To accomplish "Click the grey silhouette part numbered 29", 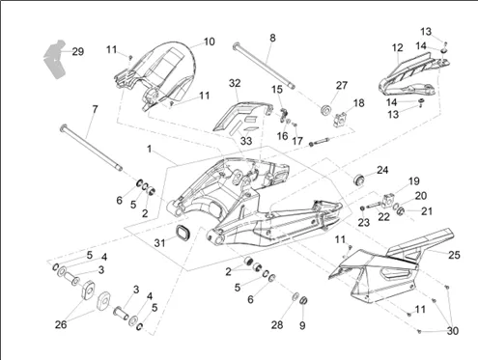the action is click(56, 61).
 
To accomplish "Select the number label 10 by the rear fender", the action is click(210, 42).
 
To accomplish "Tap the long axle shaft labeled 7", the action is click(91, 148).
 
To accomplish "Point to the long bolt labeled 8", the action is click(265, 66).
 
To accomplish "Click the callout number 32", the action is click(235, 83).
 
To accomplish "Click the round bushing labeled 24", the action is click(359, 180).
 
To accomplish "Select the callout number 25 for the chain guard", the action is click(454, 255).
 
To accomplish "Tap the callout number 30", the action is click(452, 331).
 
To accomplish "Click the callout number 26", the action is click(61, 324).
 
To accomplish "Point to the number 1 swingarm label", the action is click(149, 150).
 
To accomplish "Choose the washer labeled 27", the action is click(326, 108).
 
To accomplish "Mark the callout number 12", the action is click(398, 48).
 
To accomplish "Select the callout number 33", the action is click(246, 141).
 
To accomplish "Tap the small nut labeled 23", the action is click(361, 208).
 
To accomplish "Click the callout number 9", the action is click(302, 325).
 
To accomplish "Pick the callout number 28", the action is click(277, 325).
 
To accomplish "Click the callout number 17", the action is click(297, 141).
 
